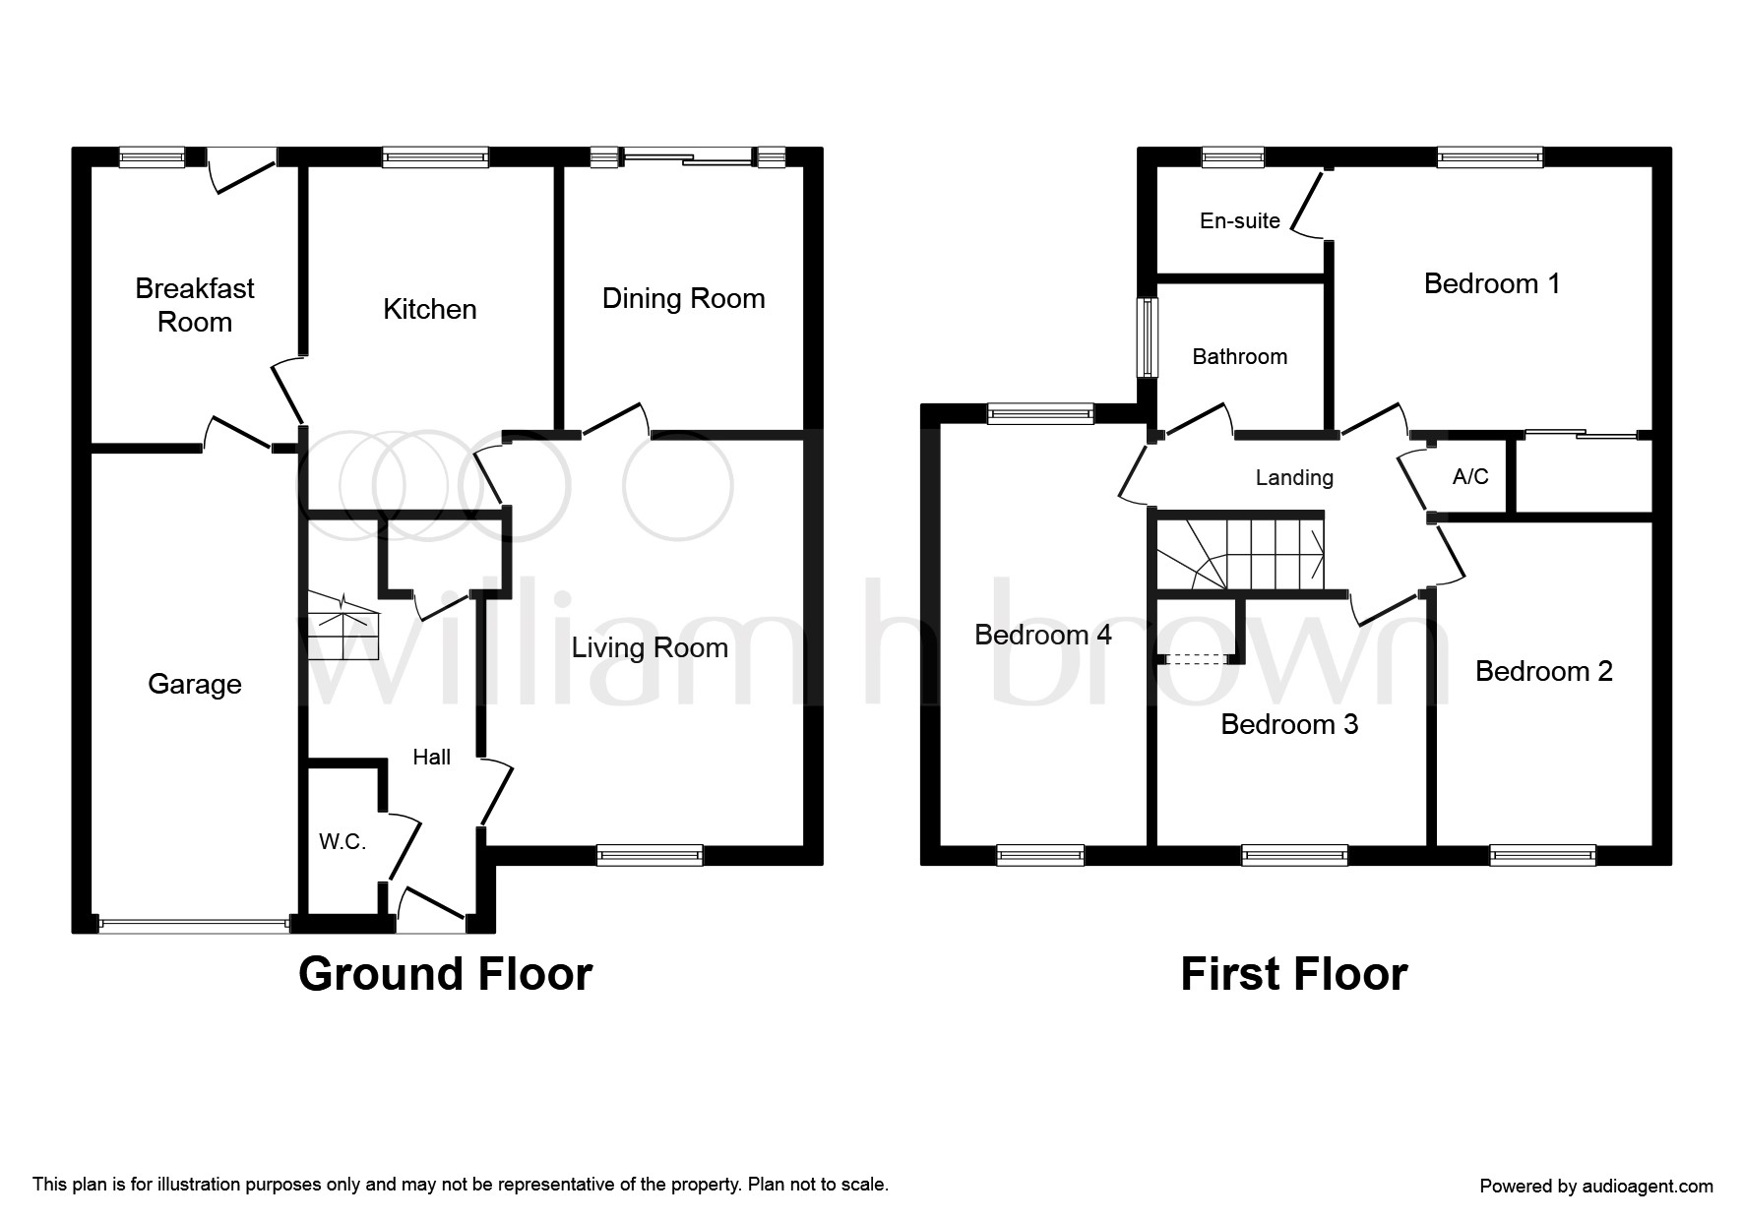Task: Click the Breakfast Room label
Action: (x=195, y=305)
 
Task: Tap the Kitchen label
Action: (x=430, y=309)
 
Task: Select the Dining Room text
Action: (x=683, y=299)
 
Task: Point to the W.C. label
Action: (x=342, y=842)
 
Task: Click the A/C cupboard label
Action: (x=1470, y=477)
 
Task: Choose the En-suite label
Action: (x=1240, y=220)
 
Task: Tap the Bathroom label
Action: (x=1240, y=356)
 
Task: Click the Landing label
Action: (x=1294, y=478)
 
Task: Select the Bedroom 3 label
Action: (x=1289, y=724)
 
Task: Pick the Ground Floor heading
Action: (x=445, y=974)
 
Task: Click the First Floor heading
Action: (x=1294, y=974)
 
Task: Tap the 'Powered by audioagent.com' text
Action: (x=1596, y=1187)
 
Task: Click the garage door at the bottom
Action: (x=194, y=924)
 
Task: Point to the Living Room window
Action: (x=651, y=856)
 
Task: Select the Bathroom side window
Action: (x=1148, y=336)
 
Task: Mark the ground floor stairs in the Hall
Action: (x=342, y=626)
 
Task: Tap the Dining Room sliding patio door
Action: (x=688, y=156)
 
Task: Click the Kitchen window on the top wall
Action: (x=435, y=156)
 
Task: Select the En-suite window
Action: (x=1233, y=156)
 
